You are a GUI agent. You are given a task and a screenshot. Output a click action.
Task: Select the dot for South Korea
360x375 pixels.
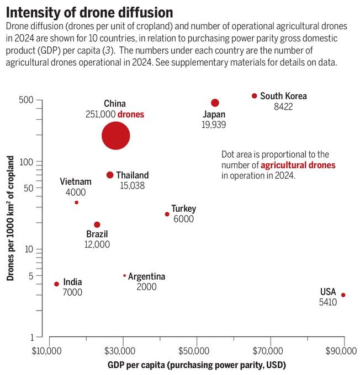255,96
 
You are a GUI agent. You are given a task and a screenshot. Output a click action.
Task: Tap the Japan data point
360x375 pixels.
215,103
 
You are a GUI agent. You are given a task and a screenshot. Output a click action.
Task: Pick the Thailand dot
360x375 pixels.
110,175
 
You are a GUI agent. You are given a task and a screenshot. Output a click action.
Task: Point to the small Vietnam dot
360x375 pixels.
76,202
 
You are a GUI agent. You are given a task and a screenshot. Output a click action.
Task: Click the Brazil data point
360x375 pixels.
97,224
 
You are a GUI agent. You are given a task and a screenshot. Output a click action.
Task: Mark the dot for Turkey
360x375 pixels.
167,214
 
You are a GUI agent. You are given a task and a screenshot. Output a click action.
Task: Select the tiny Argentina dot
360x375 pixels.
124,275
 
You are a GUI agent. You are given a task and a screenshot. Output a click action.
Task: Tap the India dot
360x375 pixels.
56,284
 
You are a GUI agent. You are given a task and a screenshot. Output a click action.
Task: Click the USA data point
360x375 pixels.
343,295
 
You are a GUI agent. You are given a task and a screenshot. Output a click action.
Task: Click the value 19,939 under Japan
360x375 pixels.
214,125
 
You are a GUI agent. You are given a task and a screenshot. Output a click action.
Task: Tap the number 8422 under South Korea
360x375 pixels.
283,106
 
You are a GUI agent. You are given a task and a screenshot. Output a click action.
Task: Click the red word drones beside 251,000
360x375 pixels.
131,114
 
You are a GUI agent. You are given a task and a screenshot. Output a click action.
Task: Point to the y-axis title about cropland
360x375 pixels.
10,218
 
